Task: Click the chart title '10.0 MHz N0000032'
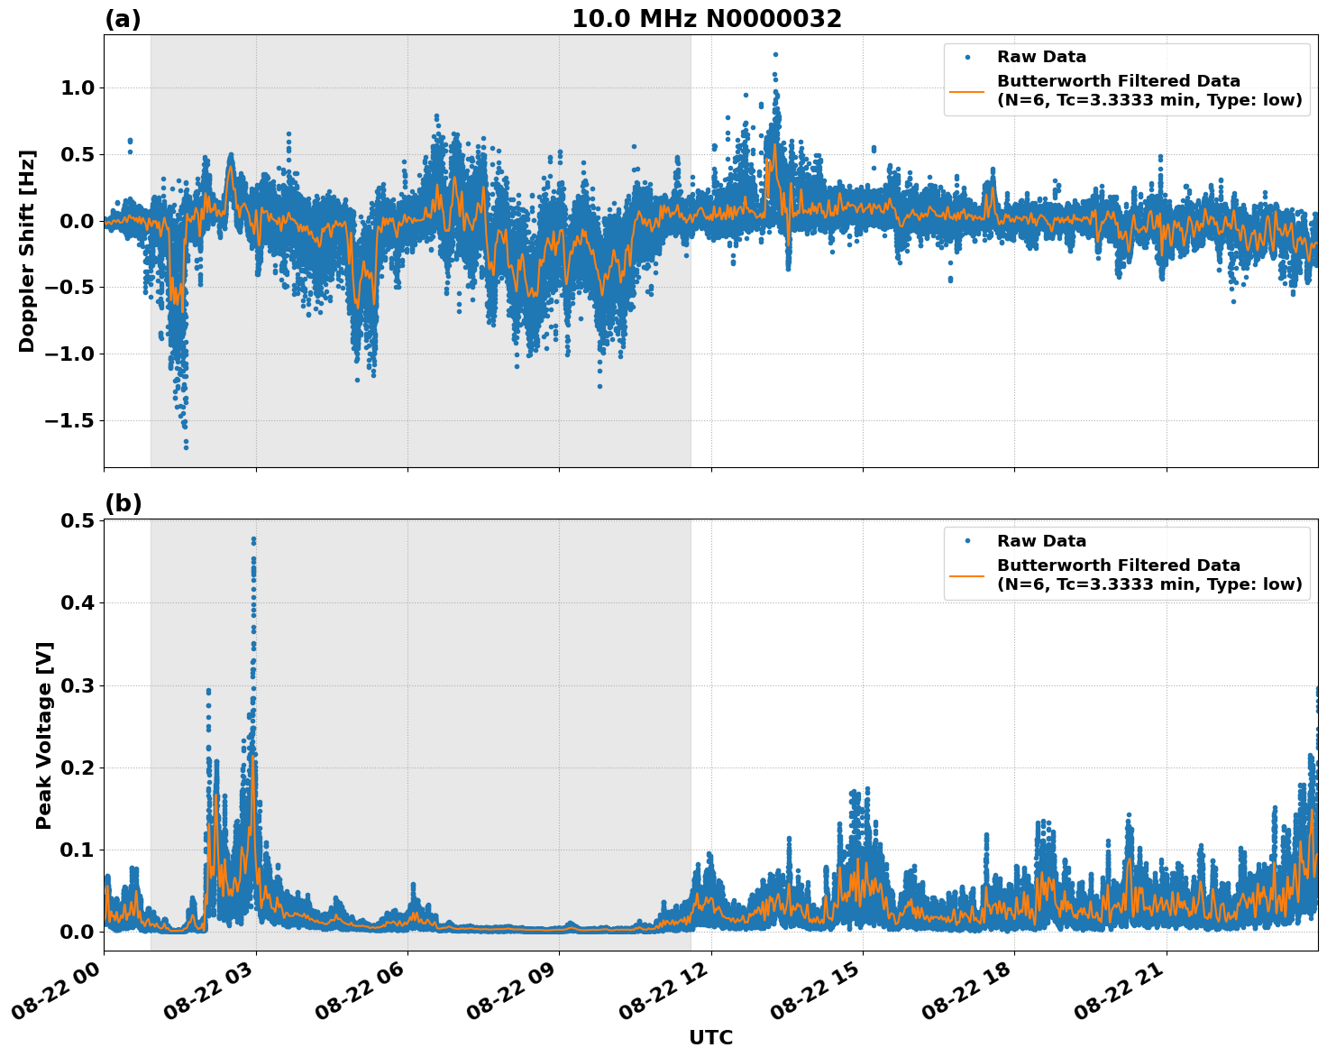(x=706, y=19)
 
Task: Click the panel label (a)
(x=123, y=19)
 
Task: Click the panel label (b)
(x=123, y=503)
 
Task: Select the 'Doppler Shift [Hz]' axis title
(x=27, y=251)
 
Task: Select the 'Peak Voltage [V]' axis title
(x=44, y=735)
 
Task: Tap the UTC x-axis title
(x=710, y=1037)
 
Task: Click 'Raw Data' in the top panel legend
(x=1041, y=57)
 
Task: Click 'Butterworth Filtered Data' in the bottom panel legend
(x=1118, y=565)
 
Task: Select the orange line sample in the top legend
(x=967, y=90)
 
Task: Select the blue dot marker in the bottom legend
(x=967, y=541)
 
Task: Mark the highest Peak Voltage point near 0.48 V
(x=253, y=539)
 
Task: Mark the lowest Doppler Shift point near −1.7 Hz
(x=186, y=446)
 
